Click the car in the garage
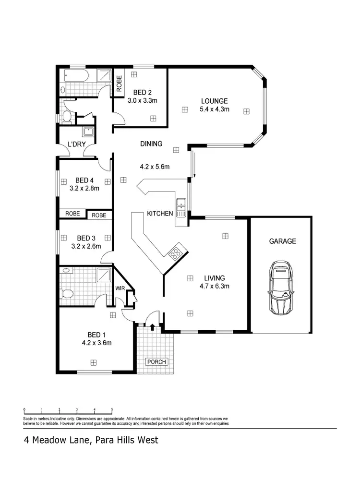tap(281, 287)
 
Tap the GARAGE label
tap(282, 241)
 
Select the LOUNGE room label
tap(214, 101)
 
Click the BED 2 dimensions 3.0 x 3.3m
tap(143, 101)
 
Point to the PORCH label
tap(156, 361)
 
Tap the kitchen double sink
tap(181, 206)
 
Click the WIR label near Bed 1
tap(120, 288)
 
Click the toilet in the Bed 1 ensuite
tap(66, 293)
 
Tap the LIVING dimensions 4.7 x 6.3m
tap(214, 287)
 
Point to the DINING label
tap(151, 144)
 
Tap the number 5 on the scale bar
tap(112, 410)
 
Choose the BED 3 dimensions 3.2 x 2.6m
tap(86, 247)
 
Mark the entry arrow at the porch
tap(153, 327)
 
